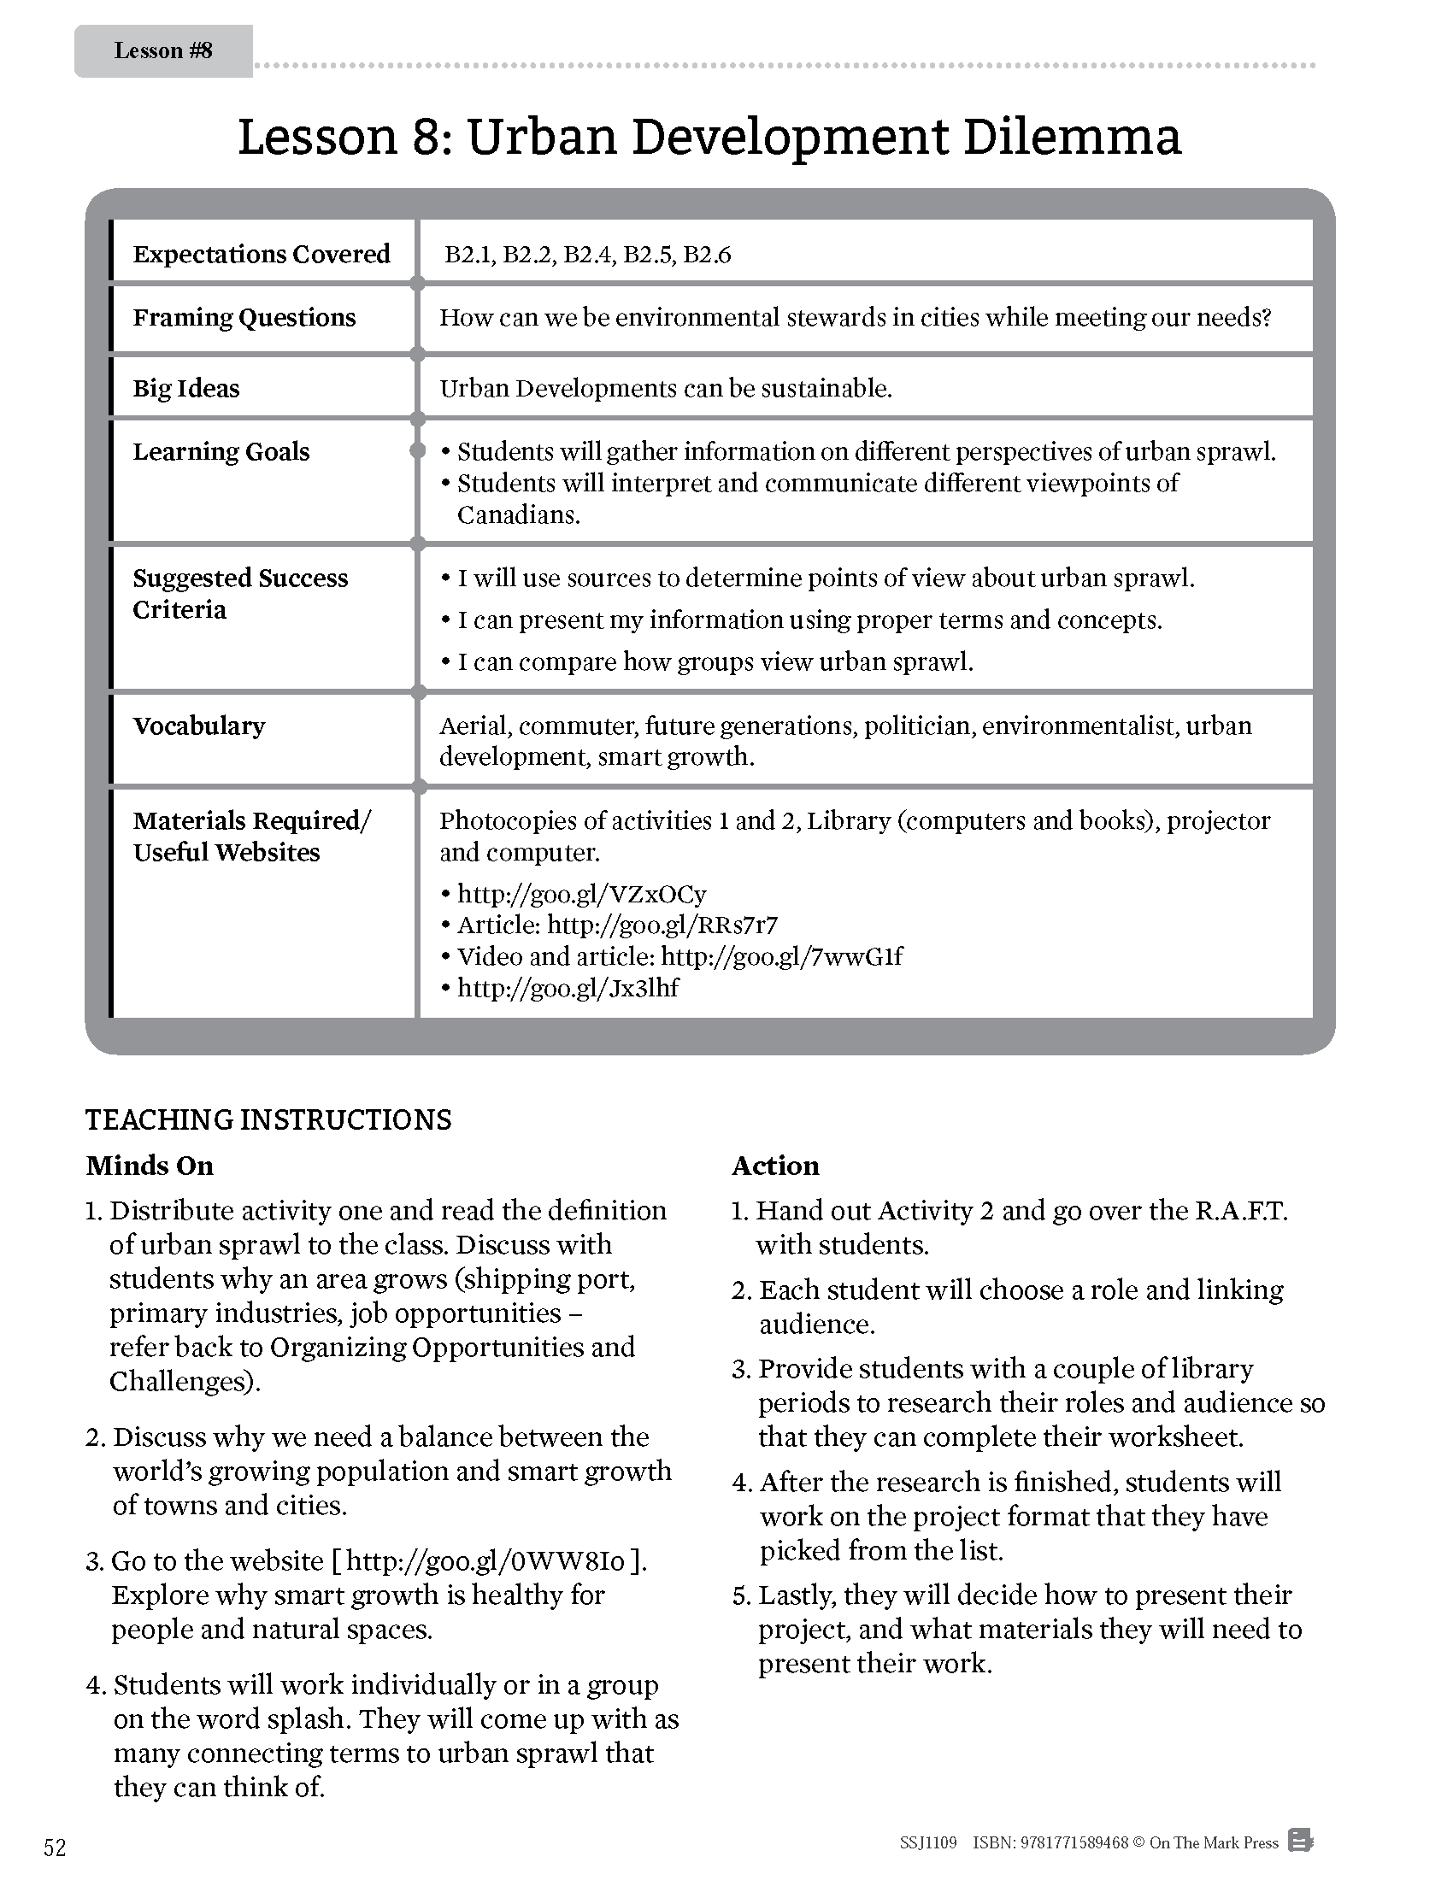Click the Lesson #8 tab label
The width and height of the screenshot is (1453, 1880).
click(162, 50)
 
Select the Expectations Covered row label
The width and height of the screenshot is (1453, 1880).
click(261, 254)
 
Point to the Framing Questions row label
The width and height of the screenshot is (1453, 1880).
click(244, 318)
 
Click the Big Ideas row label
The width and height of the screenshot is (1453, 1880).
click(186, 388)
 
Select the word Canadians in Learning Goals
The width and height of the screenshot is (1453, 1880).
click(518, 514)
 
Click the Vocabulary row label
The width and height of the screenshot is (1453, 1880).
click(199, 726)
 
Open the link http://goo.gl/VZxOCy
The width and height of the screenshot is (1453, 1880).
click(581, 894)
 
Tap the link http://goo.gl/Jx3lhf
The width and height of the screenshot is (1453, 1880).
click(568, 988)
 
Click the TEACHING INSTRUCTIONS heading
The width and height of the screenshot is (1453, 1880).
click(268, 1120)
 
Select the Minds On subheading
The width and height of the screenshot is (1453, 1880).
click(150, 1166)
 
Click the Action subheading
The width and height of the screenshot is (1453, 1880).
click(774, 1166)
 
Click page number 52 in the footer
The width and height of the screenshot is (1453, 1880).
click(54, 1848)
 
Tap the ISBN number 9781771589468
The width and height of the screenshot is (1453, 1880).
click(1075, 1843)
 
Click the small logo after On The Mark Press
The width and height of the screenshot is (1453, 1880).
click(1300, 1842)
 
